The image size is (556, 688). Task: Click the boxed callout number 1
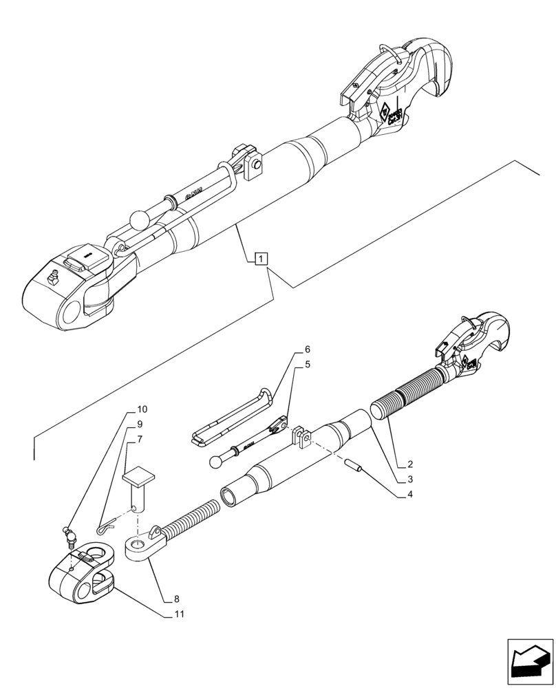tap(261, 259)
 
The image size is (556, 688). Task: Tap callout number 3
tap(409, 480)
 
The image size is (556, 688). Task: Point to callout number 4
tap(409, 494)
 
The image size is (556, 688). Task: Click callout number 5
tap(307, 364)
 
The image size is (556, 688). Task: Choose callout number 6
tap(307, 350)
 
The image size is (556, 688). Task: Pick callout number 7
tap(140, 438)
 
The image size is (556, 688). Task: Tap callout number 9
tap(140, 424)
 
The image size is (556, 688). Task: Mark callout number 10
tap(142, 409)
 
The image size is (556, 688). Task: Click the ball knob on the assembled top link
tap(139, 219)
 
